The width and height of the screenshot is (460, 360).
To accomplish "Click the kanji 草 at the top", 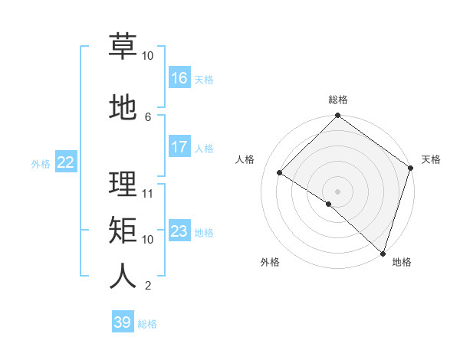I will [123, 46].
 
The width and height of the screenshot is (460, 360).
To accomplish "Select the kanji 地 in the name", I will [123, 109].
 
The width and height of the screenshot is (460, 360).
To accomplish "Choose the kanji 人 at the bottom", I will [123, 277].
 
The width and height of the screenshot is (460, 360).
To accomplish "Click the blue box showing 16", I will [179, 78].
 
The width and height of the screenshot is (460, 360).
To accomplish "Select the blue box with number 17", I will [179, 147].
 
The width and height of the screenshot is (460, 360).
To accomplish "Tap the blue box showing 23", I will [179, 231].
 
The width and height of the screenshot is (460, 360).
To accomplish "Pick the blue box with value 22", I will [66, 162].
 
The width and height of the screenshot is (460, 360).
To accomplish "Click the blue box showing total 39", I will [123, 322].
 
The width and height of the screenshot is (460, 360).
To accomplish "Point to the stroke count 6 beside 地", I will [148, 116].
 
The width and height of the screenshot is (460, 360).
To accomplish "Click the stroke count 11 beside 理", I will [148, 194].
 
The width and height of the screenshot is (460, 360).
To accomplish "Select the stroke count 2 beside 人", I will [148, 286].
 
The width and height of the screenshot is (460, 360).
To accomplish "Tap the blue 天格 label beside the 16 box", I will [204, 80].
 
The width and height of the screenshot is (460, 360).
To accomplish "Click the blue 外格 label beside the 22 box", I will [41, 163].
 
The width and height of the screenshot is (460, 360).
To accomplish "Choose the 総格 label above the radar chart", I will [337, 100].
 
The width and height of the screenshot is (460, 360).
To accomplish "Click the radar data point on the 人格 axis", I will [280, 172].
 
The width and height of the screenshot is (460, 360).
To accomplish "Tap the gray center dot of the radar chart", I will [337, 191].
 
